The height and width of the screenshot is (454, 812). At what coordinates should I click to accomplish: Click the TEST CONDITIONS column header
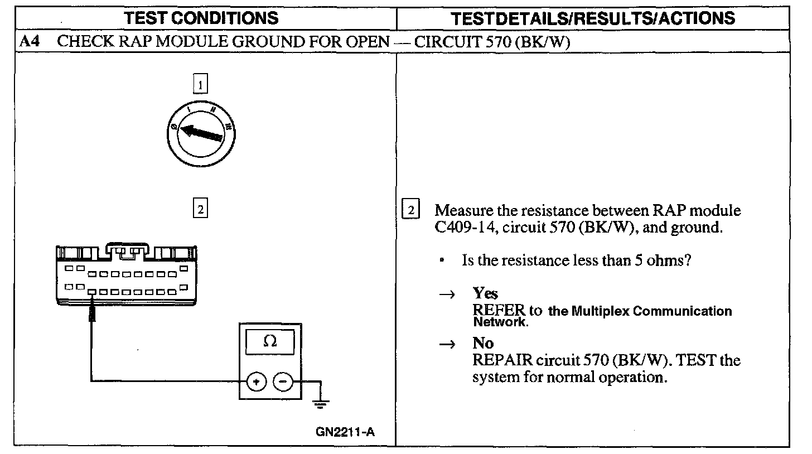pyautogui.click(x=201, y=18)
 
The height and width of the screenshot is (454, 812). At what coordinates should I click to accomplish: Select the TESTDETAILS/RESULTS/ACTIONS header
pyautogui.click(x=593, y=18)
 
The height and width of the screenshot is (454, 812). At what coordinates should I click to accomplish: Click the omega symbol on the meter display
pyautogui.click(x=270, y=341)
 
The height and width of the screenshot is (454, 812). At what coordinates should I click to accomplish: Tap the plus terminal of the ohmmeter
pyautogui.click(x=256, y=382)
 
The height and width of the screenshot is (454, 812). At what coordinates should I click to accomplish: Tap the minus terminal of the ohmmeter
pyautogui.click(x=283, y=382)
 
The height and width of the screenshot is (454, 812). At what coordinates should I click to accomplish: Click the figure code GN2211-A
pyautogui.click(x=345, y=431)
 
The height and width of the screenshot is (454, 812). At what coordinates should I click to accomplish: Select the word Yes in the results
pyautogui.click(x=485, y=293)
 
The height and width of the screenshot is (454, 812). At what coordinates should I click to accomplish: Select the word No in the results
pyautogui.click(x=483, y=343)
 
